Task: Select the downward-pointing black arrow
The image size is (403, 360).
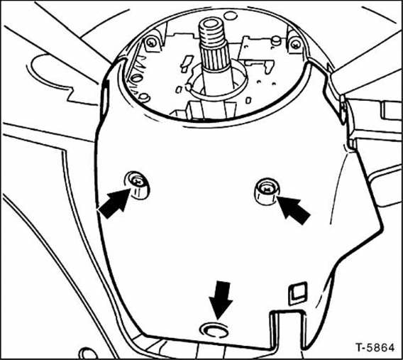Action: click(x=221, y=300)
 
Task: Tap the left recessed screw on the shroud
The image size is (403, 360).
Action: click(x=137, y=185)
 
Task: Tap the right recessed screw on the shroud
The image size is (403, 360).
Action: click(x=267, y=191)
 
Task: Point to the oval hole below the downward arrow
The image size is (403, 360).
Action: click(x=214, y=329)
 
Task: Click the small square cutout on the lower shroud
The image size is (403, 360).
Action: click(x=298, y=294)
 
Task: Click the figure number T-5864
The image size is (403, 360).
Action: click(x=375, y=347)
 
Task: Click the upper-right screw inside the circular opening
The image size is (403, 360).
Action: click(x=296, y=44)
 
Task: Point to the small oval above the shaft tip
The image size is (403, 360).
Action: click(x=231, y=16)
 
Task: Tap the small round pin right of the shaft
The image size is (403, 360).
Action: click(x=276, y=40)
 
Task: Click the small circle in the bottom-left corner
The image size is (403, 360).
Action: click(x=87, y=354)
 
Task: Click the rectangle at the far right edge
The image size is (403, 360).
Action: click(x=391, y=111)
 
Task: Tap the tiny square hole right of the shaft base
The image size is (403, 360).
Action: click(x=248, y=100)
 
